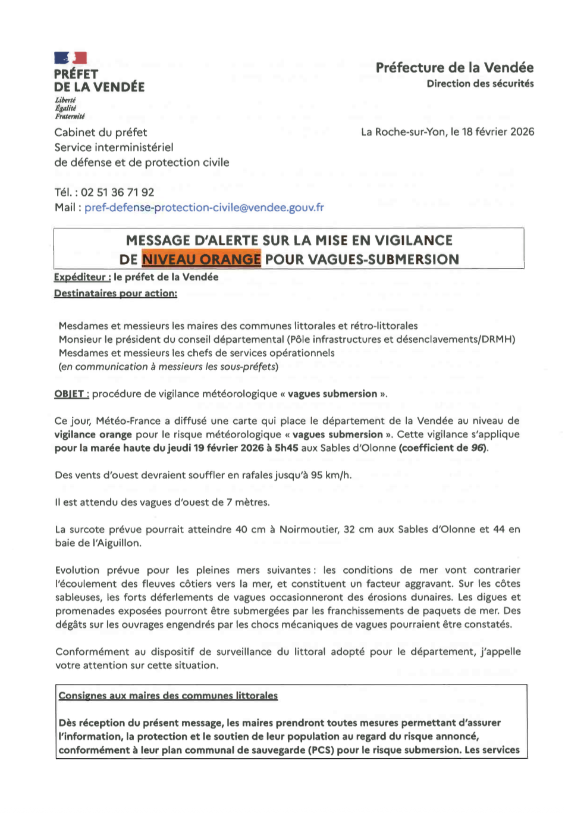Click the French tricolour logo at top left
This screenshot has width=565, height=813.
point(71,58)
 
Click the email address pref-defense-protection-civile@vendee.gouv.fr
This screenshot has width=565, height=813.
point(204,208)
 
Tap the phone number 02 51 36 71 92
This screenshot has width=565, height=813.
point(117,192)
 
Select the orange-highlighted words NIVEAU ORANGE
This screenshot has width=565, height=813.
point(201,259)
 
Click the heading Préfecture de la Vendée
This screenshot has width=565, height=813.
point(454,68)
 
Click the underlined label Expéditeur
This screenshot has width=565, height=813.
point(82,277)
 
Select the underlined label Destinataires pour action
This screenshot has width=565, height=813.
point(115,293)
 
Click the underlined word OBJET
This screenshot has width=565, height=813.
point(71,394)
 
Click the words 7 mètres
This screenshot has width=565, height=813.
point(248,502)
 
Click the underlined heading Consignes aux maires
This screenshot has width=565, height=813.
point(168,696)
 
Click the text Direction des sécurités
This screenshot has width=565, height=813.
point(480,84)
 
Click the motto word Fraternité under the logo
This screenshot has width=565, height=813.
point(70,117)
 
